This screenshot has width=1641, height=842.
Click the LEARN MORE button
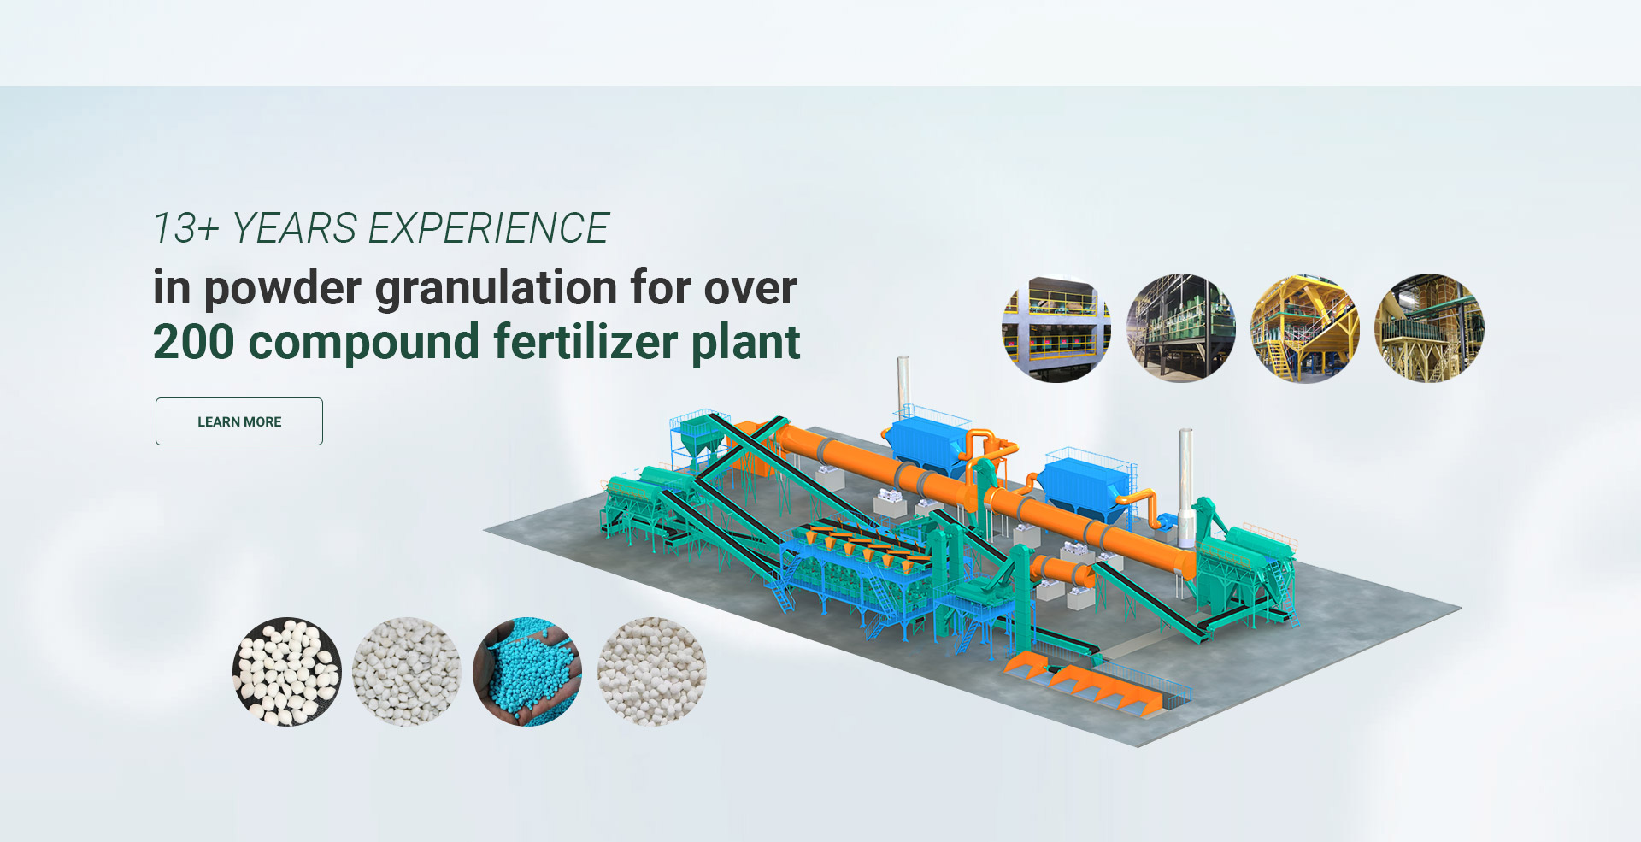coord(239,421)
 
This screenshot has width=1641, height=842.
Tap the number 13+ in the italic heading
coord(186,228)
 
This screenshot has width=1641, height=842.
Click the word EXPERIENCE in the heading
coord(489,228)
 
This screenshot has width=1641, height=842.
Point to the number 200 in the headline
coord(193,342)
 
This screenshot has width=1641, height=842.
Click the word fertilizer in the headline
coord(585,342)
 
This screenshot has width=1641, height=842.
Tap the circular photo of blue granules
coord(527,672)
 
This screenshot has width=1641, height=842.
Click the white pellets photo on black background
coord(287,672)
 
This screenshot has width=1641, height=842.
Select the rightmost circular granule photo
coord(652,672)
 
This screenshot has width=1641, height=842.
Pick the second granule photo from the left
coord(407,672)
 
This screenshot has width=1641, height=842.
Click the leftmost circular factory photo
coord(1056,328)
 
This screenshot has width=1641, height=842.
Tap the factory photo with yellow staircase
coord(1305,328)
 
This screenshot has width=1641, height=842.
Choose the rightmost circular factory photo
coord(1429,328)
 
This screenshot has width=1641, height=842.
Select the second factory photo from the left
coord(1181,328)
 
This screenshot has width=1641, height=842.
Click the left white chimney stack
coord(903,388)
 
